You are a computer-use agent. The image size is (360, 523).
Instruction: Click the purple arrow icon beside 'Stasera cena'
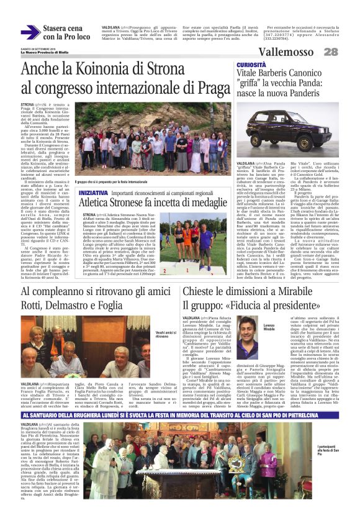30,32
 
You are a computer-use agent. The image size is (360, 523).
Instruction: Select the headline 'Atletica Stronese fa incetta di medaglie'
158,202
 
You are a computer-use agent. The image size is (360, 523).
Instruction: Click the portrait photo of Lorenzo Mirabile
249,342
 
